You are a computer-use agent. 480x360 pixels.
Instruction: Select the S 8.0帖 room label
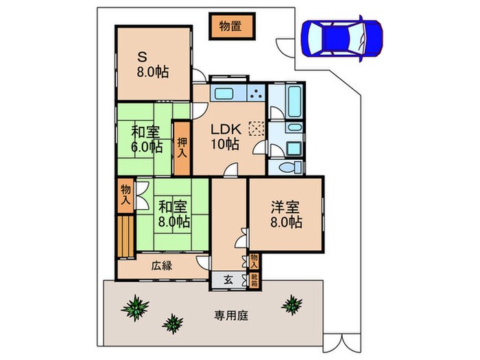pos(152,64)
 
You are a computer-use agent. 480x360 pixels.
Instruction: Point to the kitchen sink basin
pos(224,94)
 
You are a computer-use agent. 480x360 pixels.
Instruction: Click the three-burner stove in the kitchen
pos(256,93)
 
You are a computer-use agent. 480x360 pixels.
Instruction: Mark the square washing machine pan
pos(293,147)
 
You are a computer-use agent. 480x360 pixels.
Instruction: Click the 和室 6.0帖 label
pos(147,138)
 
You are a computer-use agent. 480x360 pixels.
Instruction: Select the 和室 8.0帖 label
pos(173,213)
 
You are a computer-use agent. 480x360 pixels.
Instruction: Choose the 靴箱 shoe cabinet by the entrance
pos(254,279)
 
